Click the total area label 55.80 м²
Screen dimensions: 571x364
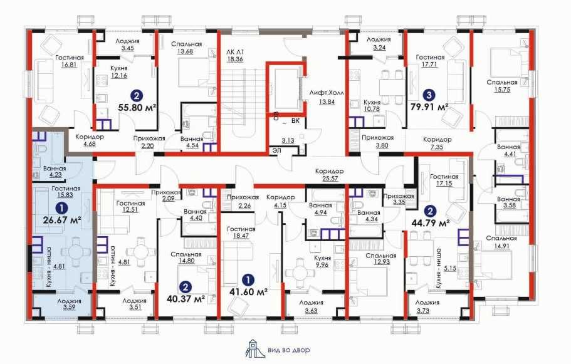tap(137, 108)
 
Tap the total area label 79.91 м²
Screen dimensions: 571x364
tap(429, 107)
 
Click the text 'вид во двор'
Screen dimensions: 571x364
tap(289, 350)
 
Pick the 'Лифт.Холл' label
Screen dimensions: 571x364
tap(327, 92)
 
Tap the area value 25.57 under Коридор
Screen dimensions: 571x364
tap(329, 179)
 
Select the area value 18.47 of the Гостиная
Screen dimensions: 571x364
tap(241, 236)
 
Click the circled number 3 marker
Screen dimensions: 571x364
tap(429, 95)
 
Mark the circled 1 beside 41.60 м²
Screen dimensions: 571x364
tap(248, 279)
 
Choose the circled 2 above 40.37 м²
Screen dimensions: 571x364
tap(186, 287)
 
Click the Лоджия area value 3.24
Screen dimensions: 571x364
tap(379, 48)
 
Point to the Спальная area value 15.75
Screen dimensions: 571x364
tap(502, 90)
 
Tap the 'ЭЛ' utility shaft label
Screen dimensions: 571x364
tap(277, 150)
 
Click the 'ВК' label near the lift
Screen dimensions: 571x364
tap(295, 120)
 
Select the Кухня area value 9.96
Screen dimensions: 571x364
tap(322, 264)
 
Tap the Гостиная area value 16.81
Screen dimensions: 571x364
tap(69, 65)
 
